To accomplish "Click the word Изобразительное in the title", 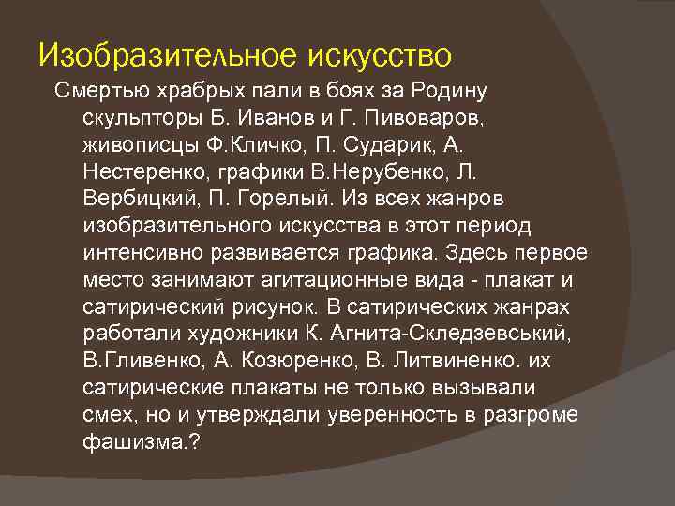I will click(169, 54).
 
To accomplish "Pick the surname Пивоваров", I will click(427, 120).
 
